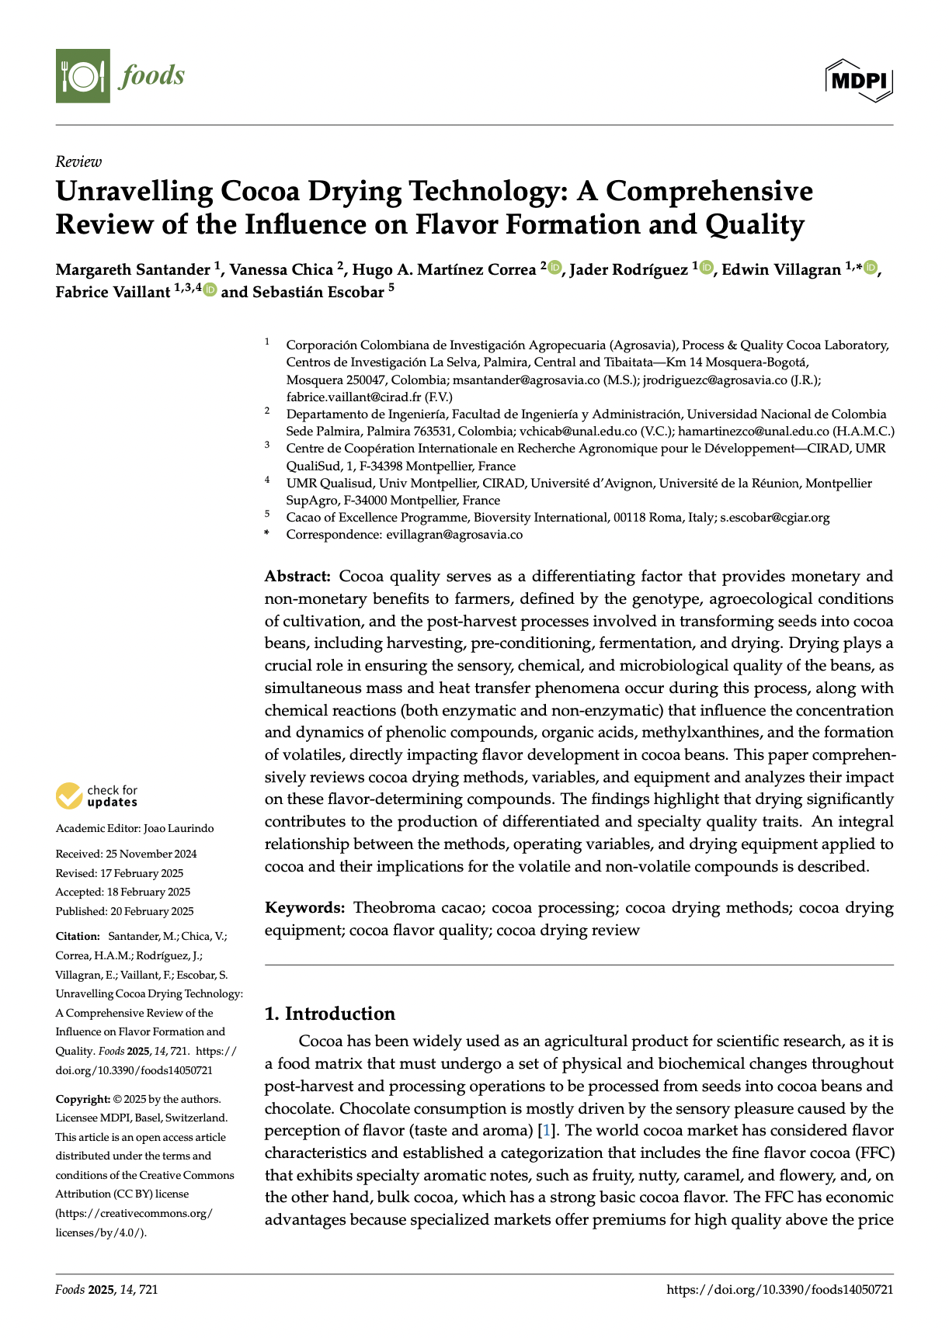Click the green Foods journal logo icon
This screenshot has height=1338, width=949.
click(x=83, y=75)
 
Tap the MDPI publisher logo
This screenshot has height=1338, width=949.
click(x=859, y=80)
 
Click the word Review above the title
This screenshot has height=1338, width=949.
click(x=78, y=161)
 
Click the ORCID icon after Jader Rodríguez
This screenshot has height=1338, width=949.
click(x=706, y=268)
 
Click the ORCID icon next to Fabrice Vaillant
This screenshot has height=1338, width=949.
click(x=209, y=291)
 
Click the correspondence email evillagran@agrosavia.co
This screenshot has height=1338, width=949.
click(x=454, y=535)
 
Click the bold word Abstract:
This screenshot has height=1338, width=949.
click(x=298, y=577)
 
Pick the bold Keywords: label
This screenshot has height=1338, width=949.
click(x=304, y=908)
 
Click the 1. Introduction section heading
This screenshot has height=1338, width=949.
click(x=330, y=1014)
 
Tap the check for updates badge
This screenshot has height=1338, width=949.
click(x=97, y=796)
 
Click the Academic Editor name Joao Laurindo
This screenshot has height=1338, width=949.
click(x=179, y=828)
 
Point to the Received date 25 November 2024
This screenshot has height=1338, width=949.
click(x=151, y=854)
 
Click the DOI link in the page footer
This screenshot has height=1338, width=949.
click(x=780, y=1290)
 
